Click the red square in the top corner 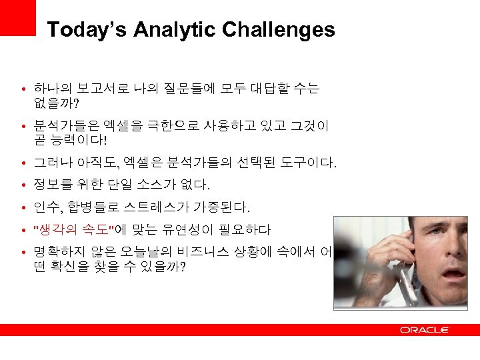click(17, 17)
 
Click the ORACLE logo click(425, 330)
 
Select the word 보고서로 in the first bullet click(97, 88)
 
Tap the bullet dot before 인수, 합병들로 click(23, 208)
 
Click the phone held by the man click(407, 260)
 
